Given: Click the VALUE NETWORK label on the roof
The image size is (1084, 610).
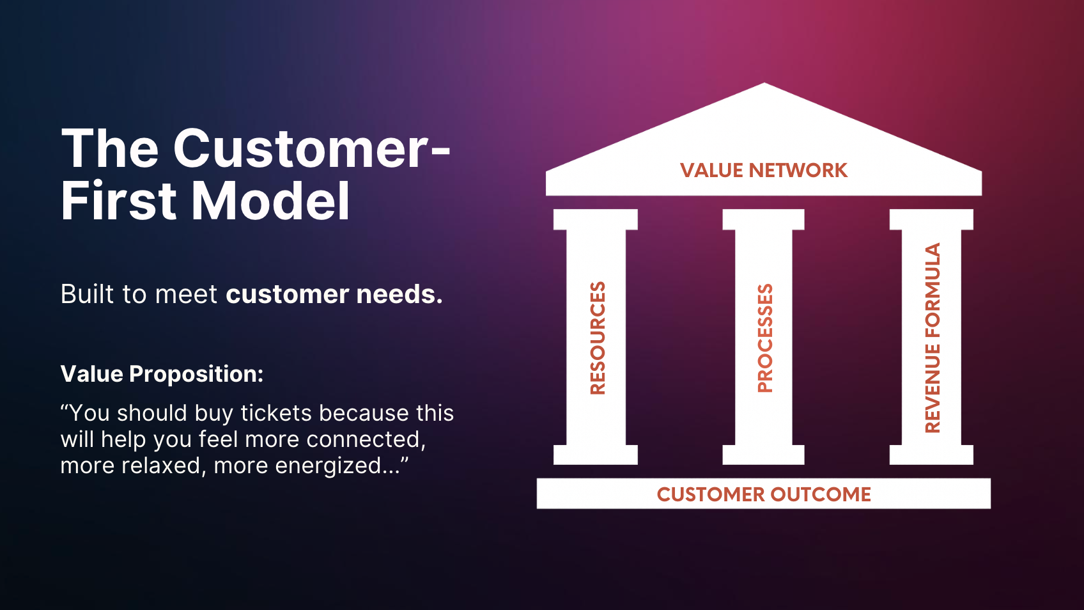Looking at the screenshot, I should point(763,171).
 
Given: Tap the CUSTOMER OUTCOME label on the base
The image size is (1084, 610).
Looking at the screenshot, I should point(764,494).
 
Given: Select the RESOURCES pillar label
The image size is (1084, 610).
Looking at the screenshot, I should point(597,338).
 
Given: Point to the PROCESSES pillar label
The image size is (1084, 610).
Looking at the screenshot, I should point(764,338).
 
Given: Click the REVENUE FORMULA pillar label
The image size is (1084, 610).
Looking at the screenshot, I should point(933,338).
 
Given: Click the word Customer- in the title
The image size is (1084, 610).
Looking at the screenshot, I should point(312,148).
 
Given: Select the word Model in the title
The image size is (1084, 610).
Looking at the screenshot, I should point(271,201).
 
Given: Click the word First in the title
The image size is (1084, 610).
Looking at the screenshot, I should point(119,201).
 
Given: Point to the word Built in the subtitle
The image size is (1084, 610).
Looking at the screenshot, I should point(87,294).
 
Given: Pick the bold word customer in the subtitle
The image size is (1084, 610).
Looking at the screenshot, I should point(287,295).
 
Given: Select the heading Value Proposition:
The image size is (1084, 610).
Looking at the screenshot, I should point(162,374).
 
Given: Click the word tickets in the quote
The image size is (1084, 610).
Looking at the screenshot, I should point(277,414).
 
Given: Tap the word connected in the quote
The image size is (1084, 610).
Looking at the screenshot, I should point(364,439).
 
